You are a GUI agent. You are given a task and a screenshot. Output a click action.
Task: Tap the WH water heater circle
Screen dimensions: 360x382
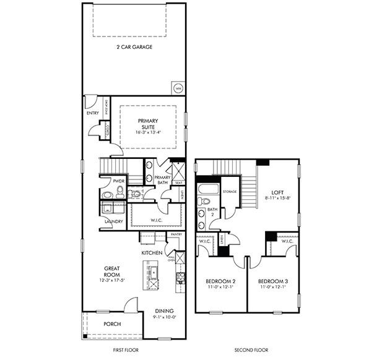[178, 88]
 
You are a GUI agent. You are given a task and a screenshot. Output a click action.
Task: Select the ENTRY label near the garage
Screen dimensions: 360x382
[93, 113]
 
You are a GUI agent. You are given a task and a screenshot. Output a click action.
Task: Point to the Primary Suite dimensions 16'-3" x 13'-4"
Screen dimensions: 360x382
[148, 132]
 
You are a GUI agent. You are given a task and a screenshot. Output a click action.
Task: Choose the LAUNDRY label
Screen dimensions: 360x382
[113, 221]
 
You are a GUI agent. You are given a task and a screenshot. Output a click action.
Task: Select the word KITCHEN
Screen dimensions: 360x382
[152, 253]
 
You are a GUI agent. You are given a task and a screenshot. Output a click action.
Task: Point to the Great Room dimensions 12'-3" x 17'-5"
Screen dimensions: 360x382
[112, 281]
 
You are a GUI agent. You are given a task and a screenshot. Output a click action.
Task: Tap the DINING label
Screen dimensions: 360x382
[164, 311]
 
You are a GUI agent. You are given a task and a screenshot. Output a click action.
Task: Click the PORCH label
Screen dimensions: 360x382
[112, 324]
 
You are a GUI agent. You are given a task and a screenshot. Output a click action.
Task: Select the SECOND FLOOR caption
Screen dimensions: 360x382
[251, 351]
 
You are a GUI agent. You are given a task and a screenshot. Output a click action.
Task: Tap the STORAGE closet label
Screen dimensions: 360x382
[230, 192]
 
